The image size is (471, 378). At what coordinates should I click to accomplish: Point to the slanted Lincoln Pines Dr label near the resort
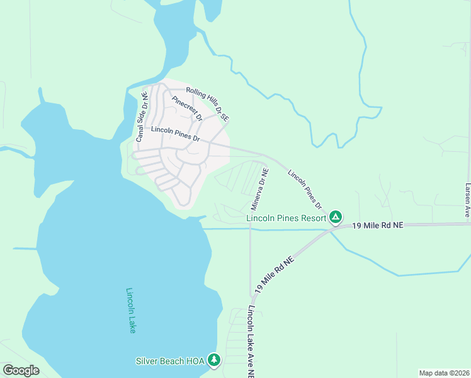click(x=305, y=189)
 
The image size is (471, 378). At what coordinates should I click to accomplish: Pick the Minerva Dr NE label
click(x=259, y=188)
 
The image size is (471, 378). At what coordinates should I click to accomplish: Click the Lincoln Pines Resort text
click(x=286, y=219)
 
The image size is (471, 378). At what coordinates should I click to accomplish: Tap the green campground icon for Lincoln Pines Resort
click(x=336, y=218)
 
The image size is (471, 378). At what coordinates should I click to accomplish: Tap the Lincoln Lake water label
click(x=130, y=310)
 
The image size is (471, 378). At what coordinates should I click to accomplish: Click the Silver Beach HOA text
click(x=170, y=361)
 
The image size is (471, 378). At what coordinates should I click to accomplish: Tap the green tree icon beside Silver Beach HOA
click(x=215, y=360)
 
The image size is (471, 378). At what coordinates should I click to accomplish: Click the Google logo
click(x=21, y=370)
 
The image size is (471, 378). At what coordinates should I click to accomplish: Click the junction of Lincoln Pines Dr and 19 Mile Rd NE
click(x=332, y=228)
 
